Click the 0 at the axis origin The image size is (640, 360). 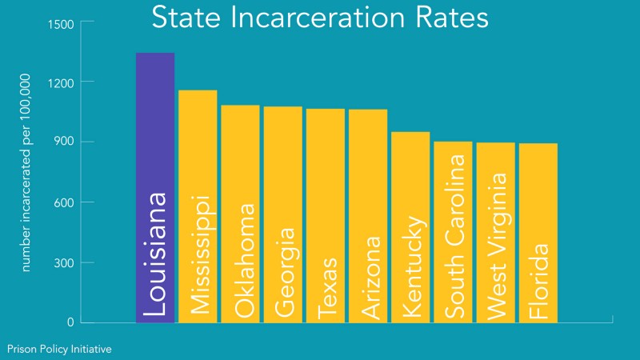point(70,322)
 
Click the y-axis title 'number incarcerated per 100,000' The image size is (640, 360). point(26,173)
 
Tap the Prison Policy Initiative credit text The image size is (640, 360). point(59,349)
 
